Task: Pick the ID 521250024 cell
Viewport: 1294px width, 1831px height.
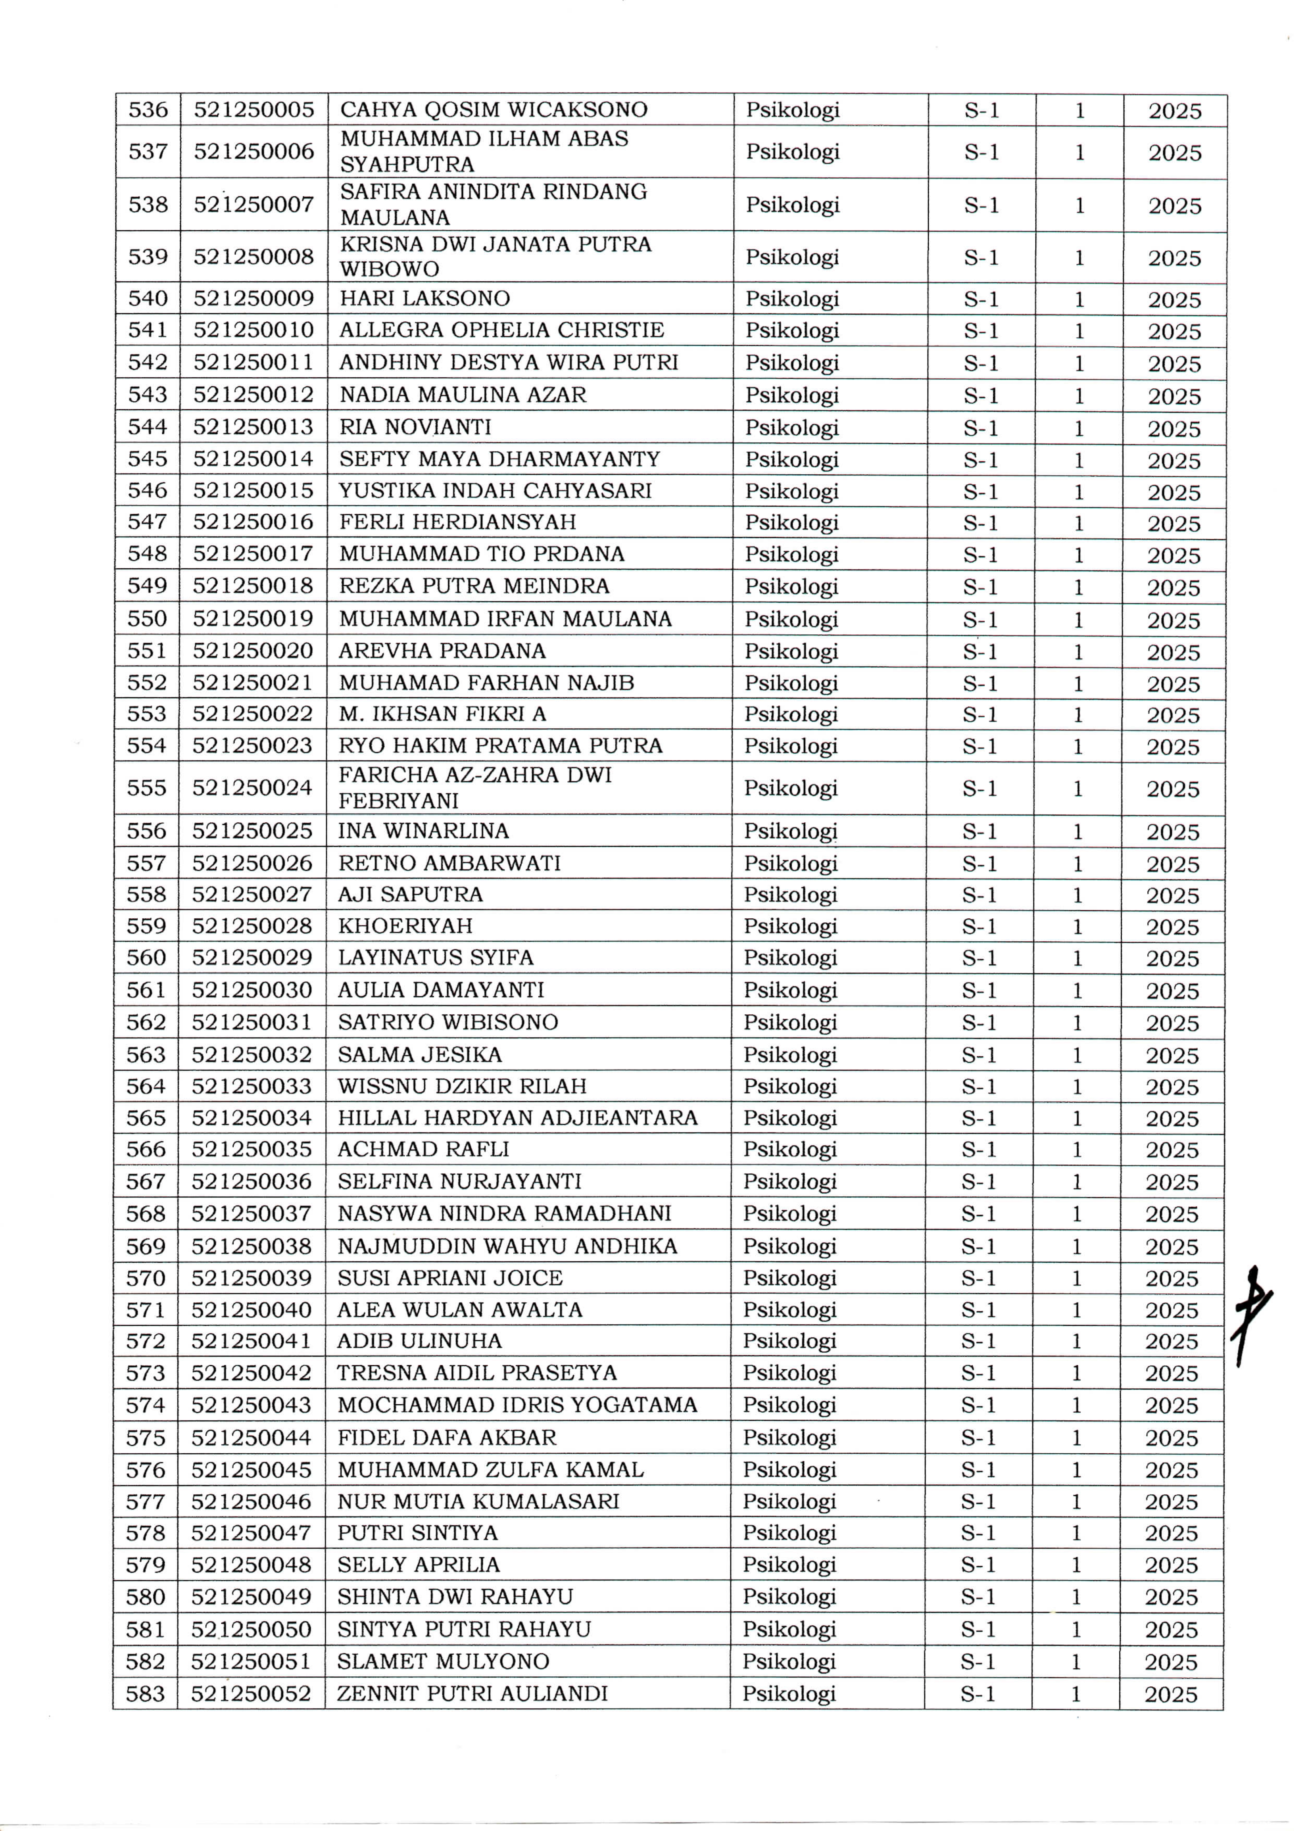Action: pyautogui.click(x=252, y=788)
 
